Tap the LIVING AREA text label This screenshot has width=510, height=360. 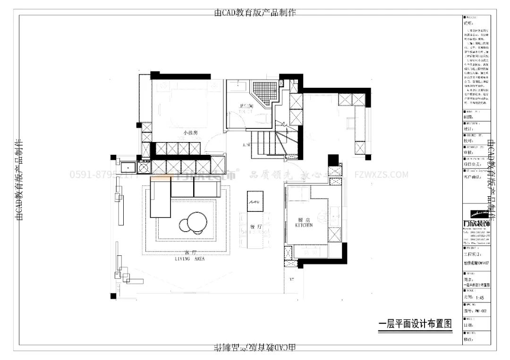pyautogui.click(x=189, y=259)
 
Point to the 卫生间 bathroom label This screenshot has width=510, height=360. pyautogui.click(x=246, y=106)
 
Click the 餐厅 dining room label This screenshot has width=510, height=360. pyautogui.click(x=256, y=227)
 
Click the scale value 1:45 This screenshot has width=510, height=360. pyautogui.click(x=480, y=298)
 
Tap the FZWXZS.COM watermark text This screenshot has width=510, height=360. pyautogui.click(x=381, y=175)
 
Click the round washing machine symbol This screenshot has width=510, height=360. pyautogui.click(x=144, y=167)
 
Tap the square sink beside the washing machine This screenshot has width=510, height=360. pyautogui.click(x=127, y=167)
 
